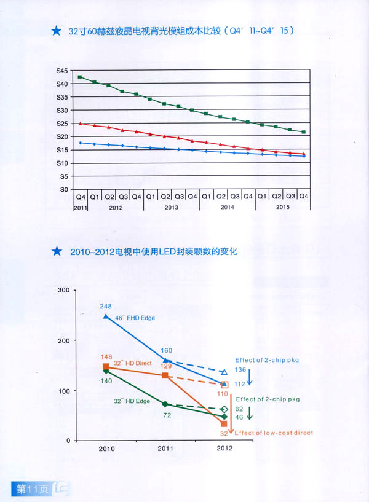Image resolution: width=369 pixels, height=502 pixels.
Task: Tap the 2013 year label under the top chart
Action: (172, 208)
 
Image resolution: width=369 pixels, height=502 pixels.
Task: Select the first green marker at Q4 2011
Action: (80, 77)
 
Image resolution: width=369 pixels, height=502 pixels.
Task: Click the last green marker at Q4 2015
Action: (304, 132)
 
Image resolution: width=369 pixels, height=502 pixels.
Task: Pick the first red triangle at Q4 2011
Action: (80, 124)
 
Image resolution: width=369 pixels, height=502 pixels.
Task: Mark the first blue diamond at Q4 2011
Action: (80, 143)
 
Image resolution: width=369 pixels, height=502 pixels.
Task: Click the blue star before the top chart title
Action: (57, 30)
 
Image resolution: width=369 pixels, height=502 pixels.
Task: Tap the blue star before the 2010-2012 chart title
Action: (57, 251)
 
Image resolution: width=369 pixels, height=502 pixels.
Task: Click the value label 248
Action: (105, 306)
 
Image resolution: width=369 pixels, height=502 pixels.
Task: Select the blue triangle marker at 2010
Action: (106, 316)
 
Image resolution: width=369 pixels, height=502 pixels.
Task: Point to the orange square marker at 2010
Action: (106, 367)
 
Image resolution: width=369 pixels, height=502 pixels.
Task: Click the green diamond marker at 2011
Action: (165, 404)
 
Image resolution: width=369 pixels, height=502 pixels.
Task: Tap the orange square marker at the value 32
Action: (224, 424)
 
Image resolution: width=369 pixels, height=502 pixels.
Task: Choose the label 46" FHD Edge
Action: (135, 318)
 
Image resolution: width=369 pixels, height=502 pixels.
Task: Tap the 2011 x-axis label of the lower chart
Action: (165, 449)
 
